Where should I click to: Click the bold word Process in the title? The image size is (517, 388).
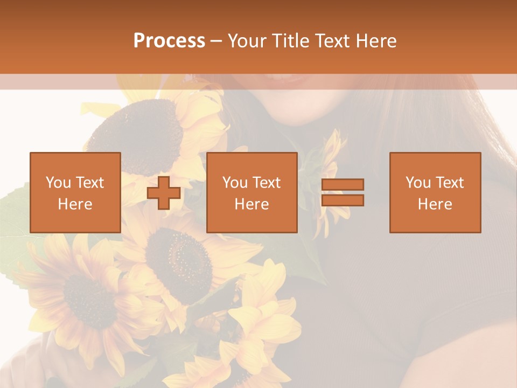pyautogui.click(x=169, y=41)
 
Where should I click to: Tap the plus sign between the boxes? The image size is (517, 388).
pyautogui.click(x=164, y=193)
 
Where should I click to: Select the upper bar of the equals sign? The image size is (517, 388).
pyautogui.click(x=343, y=184)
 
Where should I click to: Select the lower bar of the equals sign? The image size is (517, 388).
pyautogui.click(x=343, y=200)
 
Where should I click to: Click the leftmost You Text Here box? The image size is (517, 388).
pyautogui.click(x=75, y=192)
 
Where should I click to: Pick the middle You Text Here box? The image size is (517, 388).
pyautogui.click(x=252, y=192)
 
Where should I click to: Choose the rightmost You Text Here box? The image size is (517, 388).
pyautogui.click(x=435, y=192)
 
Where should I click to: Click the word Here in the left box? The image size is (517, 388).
pyautogui.click(x=75, y=204)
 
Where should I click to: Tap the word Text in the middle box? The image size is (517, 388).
pyautogui.click(x=267, y=183)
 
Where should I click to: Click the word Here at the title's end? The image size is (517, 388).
pyautogui.click(x=376, y=41)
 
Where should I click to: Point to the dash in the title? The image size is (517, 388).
pyautogui.click(x=216, y=41)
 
